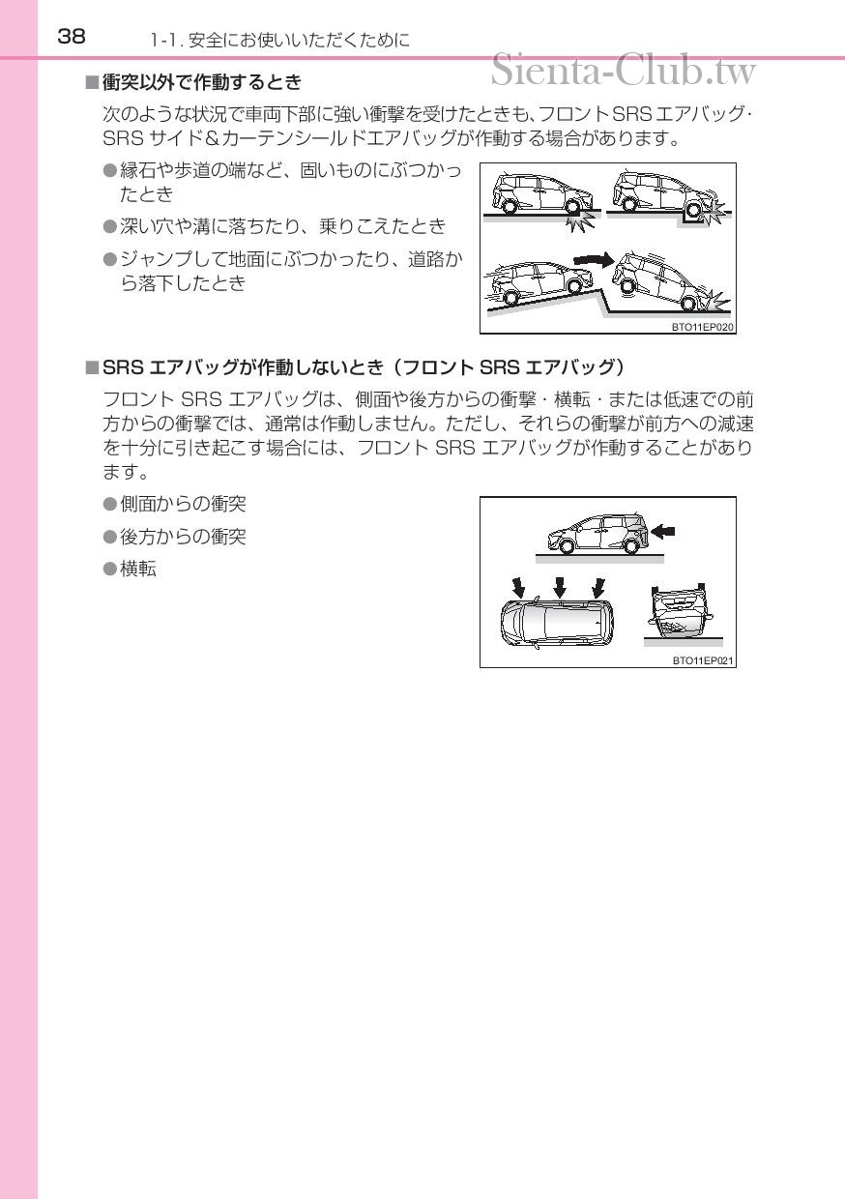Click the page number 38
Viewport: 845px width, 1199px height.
point(72,37)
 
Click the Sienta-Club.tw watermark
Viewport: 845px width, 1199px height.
point(624,70)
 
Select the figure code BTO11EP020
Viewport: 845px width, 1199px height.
point(703,327)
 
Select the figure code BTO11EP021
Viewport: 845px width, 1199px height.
point(703,660)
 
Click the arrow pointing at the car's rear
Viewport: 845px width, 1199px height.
point(664,530)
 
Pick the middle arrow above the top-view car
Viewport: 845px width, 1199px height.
point(560,586)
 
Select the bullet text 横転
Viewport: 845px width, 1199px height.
point(137,569)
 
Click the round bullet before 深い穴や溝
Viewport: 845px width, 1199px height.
point(109,226)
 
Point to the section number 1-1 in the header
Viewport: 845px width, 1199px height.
point(160,41)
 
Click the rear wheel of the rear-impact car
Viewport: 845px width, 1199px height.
point(631,545)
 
